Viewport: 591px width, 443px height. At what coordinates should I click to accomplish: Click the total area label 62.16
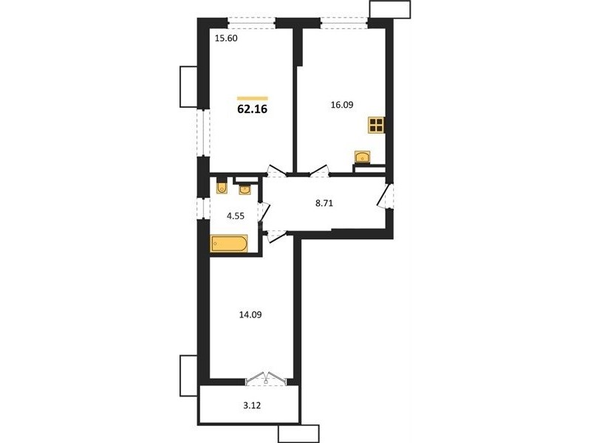(x=252, y=109)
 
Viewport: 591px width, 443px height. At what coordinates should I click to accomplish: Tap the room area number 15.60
(x=226, y=38)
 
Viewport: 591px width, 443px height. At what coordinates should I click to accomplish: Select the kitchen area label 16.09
(x=342, y=105)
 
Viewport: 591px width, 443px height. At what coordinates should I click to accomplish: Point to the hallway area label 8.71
(x=324, y=204)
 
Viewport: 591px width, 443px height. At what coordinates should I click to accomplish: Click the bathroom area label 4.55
(x=235, y=216)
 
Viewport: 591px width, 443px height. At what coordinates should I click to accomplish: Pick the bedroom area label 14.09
(x=250, y=315)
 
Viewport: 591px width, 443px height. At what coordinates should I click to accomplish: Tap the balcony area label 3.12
(x=252, y=405)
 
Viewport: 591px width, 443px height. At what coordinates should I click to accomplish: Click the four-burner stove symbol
(x=377, y=125)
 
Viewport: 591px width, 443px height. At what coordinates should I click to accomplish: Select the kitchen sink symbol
(x=362, y=157)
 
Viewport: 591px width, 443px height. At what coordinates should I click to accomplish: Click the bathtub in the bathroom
(x=229, y=244)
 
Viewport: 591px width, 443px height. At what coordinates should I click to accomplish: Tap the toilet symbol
(x=222, y=187)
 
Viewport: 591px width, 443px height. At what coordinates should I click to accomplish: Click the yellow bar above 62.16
(x=253, y=99)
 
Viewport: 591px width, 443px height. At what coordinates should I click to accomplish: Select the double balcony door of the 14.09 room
(x=266, y=378)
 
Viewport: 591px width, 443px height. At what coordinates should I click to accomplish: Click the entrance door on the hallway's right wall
(x=386, y=195)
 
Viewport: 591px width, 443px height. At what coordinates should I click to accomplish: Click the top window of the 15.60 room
(x=251, y=24)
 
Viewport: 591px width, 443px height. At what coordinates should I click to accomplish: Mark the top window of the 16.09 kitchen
(x=344, y=24)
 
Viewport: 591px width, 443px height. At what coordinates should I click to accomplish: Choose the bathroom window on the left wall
(x=204, y=208)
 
